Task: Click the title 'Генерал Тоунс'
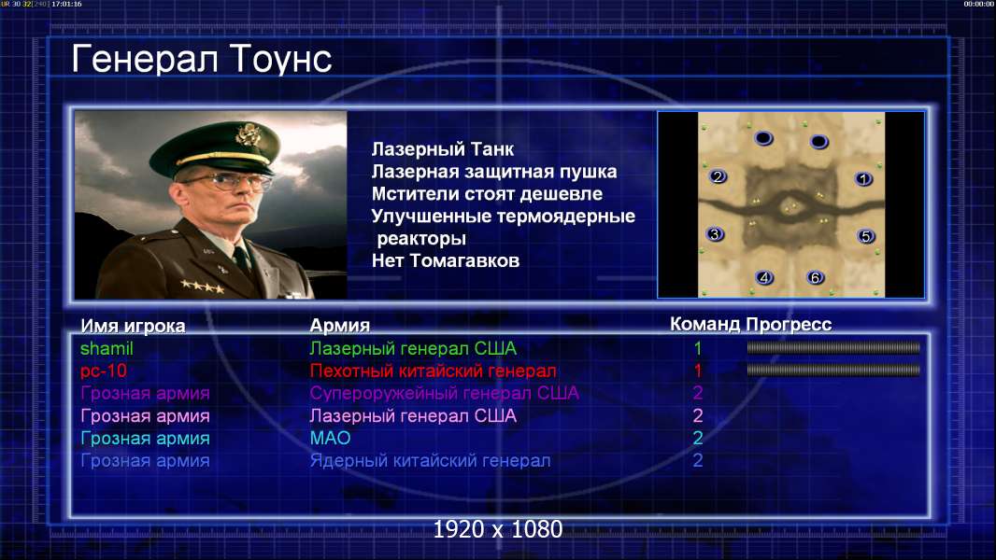tap(202, 60)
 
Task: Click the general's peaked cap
tap(215, 147)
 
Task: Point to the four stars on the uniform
tap(202, 287)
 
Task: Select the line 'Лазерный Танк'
tap(442, 149)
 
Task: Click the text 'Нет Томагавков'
tap(446, 260)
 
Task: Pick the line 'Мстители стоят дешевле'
tap(487, 194)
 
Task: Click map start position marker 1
tap(863, 179)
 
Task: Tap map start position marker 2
tap(718, 176)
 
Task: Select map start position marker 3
tap(716, 234)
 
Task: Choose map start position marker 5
tap(866, 236)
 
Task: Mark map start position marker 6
tap(815, 277)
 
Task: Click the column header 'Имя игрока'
tap(133, 326)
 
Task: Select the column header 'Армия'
tap(339, 326)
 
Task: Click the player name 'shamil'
tap(107, 349)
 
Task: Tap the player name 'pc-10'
tap(104, 371)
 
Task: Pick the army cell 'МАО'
tap(330, 439)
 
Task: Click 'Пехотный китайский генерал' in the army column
tap(433, 371)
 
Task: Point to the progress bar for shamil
tap(833, 347)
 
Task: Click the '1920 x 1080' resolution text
tap(498, 529)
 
